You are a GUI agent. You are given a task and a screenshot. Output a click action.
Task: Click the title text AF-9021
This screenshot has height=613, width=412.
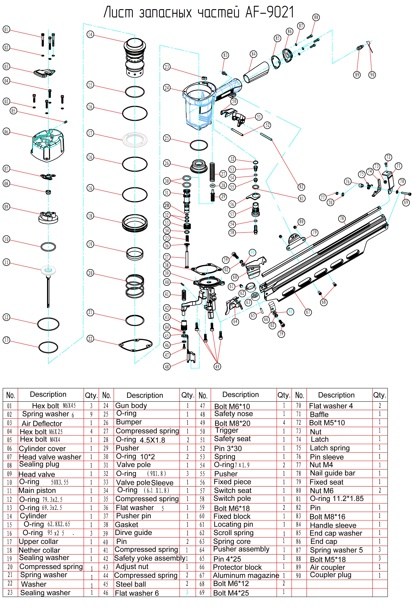[269, 12]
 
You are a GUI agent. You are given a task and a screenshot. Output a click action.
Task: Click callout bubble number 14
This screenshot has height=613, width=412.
[90, 34]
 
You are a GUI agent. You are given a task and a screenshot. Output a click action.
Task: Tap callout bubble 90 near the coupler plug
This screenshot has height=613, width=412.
[372, 75]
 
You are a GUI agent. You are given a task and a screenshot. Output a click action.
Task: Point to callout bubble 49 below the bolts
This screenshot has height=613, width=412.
[217, 366]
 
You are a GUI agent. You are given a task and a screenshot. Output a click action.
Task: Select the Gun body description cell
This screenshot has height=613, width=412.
[131, 406]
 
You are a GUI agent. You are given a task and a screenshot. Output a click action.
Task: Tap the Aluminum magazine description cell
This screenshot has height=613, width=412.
[246, 576]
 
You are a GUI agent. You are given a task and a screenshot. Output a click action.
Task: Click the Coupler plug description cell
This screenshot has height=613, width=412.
[330, 575]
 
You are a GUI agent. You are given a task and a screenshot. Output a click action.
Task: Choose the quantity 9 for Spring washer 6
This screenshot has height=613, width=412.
[91, 414]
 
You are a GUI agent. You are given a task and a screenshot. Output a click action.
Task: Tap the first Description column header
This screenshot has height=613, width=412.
[48, 395]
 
